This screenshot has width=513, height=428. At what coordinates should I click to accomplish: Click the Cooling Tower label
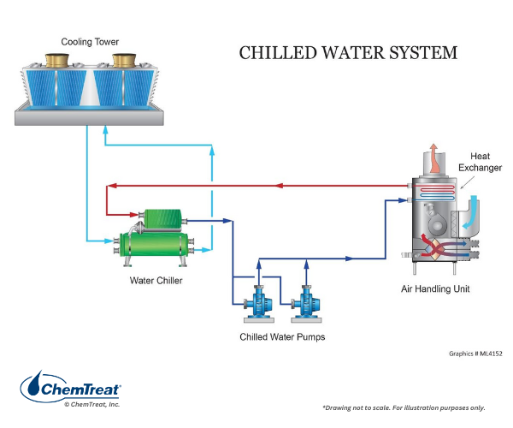pyautogui.click(x=89, y=41)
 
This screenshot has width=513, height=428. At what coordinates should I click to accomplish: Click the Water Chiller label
pyautogui.click(x=156, y=280)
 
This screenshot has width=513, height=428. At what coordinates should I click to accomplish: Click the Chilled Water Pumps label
pyautogui.click(x=282, y=337)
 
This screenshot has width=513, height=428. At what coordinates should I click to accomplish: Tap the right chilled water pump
pyautogui.click(x=305, y=305)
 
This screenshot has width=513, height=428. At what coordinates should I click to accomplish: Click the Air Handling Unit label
pyautogui.click(x=435, y=289)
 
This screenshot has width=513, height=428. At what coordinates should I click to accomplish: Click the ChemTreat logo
pyautogui.click(x=70, y=389)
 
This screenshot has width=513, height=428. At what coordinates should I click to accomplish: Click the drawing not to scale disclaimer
pyautogui.click(x=416, y=407)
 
